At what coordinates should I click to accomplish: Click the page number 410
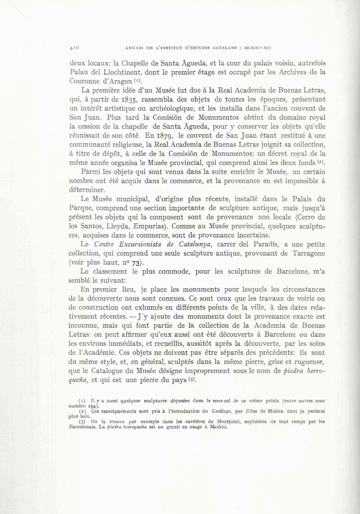click(x=74, y=48)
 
